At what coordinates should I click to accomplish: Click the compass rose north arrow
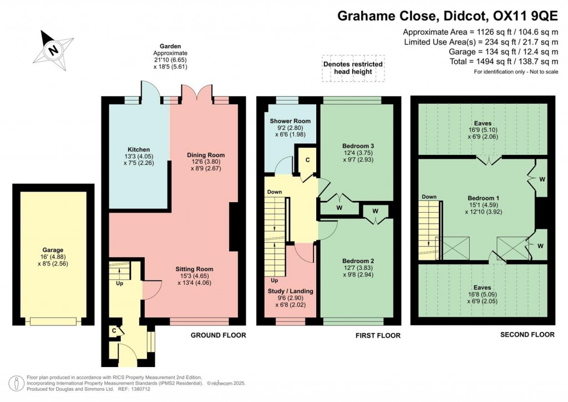[x=53, y=49]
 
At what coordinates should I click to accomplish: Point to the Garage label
[x=53, y=250]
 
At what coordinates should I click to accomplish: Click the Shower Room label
[x=290, y=121]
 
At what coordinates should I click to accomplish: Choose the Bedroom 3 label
[x=356, y=147]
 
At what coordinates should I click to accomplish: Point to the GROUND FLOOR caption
[x=218, y=335]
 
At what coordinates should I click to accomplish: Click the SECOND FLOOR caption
[x=527, y=334]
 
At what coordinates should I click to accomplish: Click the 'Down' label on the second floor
[x=428, y=197]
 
